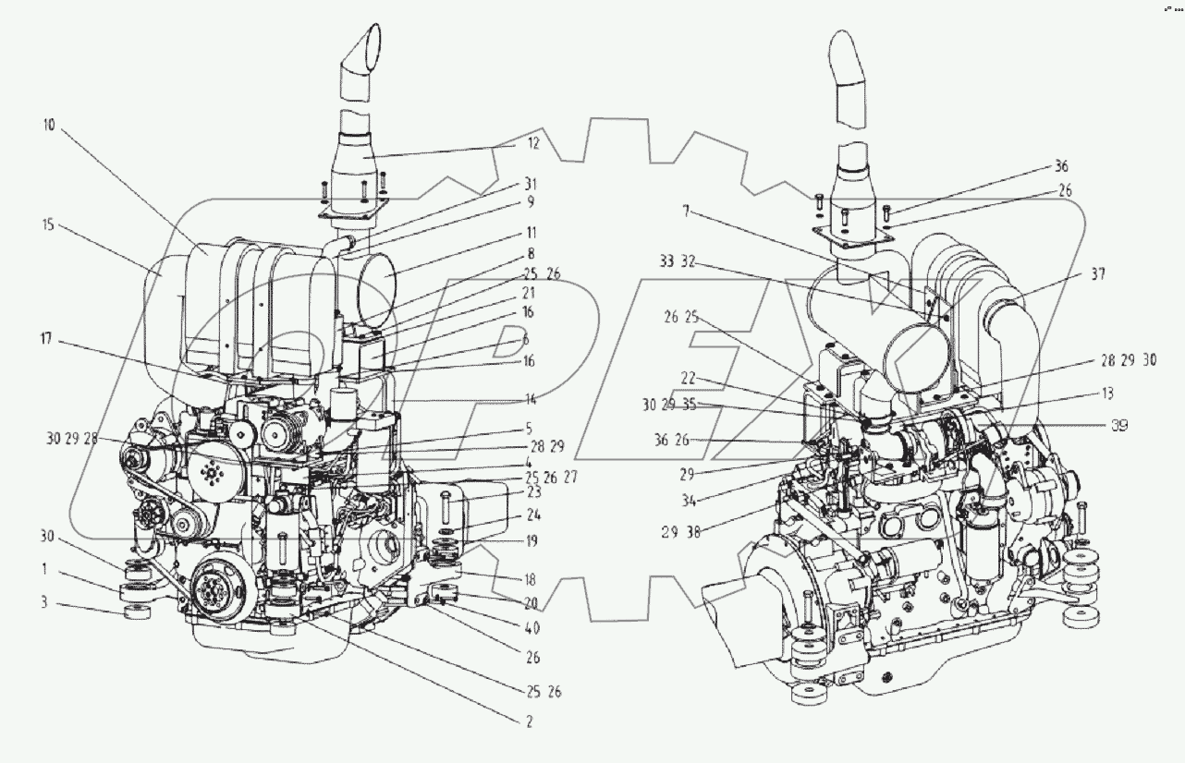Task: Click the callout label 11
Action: tap(531, 234)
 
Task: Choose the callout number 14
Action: tap(529, 399)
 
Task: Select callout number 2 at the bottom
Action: tap(529, 723)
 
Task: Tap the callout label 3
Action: tap(44, 603)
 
